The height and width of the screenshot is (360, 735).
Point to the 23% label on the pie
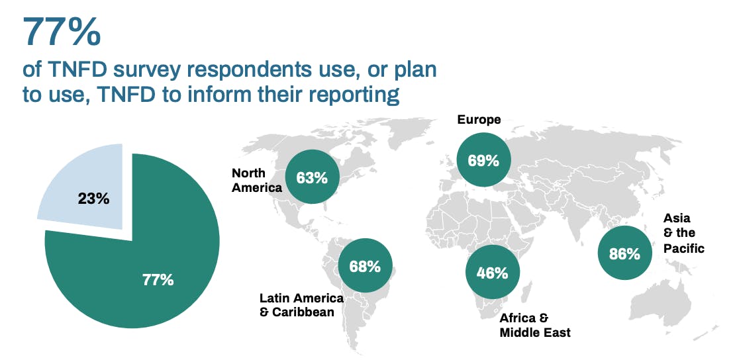pyautogui.click(x=93, y=198)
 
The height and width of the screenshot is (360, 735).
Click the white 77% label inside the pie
pyautogui.click(x=158, y=279)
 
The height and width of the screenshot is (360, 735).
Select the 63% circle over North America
pyautogui.click(x=312, y=177)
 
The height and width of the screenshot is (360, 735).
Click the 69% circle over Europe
pyautogui.click(x=483, y=159)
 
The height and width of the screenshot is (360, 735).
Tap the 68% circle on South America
pyautogui.click(x=365, y=266)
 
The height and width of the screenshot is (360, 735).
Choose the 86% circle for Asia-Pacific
pyautogui.click(x=624, y=253)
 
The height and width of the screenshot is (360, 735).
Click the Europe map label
pyautogui.click(x=479, y=120)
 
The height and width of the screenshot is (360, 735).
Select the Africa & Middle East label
pyautogui.click(x=534, y=325)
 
